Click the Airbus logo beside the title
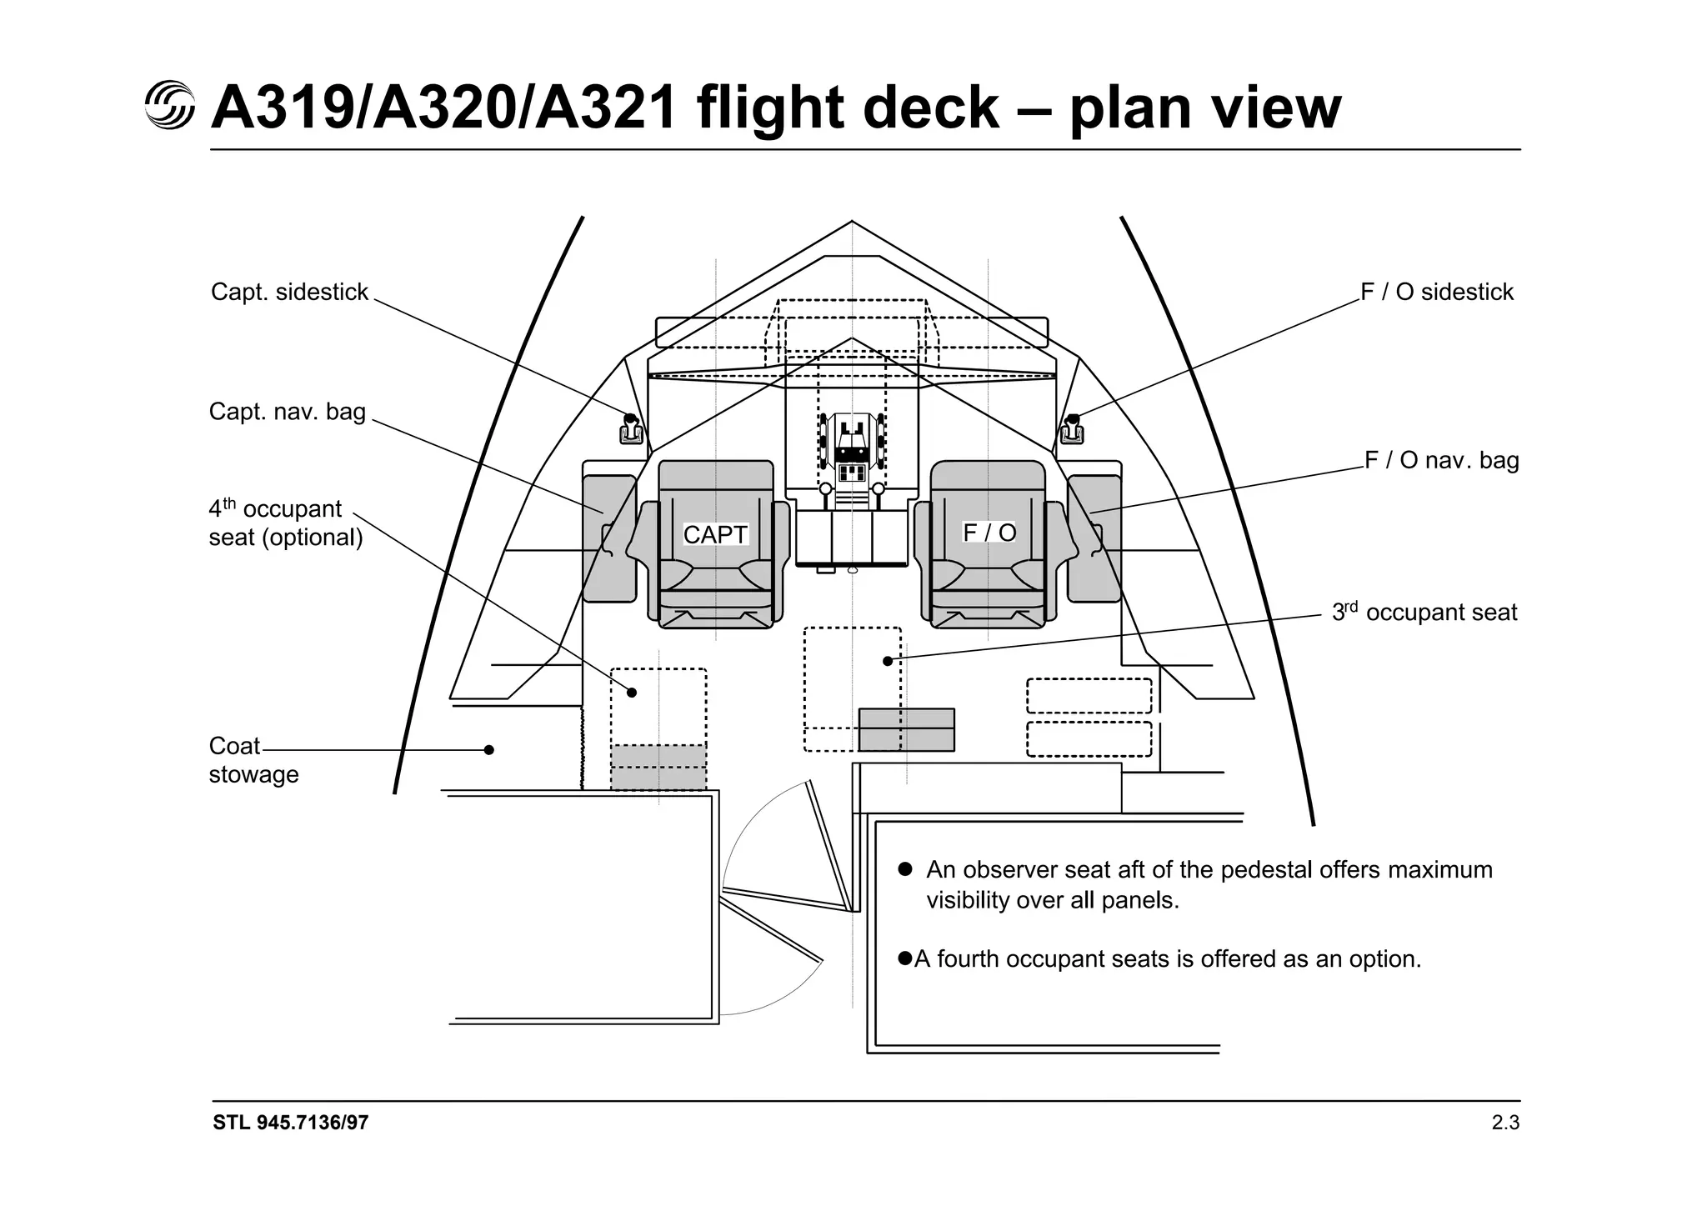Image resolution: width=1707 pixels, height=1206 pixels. tap(170, 106)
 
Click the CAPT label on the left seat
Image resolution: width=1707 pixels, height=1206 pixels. tap(715, 534)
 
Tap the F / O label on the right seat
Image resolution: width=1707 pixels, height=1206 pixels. tap(989, 532)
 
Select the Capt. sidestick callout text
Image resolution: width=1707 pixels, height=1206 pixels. tap(289, 292)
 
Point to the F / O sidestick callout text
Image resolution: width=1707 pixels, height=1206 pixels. tap(1437, 292)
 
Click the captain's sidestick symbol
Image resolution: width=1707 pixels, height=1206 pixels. tap(631, 429)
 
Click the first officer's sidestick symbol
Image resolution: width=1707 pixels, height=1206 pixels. tap(1072, 429)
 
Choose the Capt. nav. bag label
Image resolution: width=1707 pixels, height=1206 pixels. tap(288, 412)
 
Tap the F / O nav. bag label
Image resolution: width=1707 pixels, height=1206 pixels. tap(1442, 460)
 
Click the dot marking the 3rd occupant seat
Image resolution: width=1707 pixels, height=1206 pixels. tap(888, 661)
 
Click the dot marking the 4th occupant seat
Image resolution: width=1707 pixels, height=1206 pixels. tap(632, 693)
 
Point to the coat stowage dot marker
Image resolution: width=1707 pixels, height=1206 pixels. tap(489, 750)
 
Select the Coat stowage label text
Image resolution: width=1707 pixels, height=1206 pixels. tap(253, 760)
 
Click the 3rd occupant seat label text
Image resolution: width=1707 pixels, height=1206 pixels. tap(1424, 613)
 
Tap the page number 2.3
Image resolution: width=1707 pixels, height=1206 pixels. tap(1505, 1123)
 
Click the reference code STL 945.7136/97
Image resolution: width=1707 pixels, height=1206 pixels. tap(290, 1123)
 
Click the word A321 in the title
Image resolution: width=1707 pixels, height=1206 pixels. tap(605, 108)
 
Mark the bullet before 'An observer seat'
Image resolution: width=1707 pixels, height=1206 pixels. tap(905, 869)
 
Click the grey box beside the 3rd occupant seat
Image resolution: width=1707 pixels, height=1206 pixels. tap(906, 729)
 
